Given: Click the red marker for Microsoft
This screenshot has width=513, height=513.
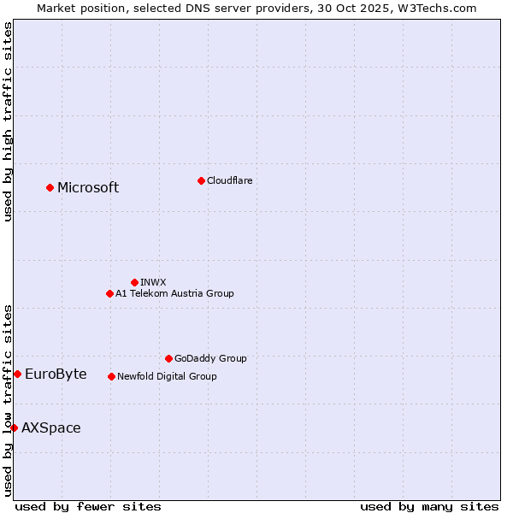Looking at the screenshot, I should tap(50, 187).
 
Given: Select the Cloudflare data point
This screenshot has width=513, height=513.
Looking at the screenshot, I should tap(201, 180).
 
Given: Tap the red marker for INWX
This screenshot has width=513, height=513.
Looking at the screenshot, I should tap(134, 282).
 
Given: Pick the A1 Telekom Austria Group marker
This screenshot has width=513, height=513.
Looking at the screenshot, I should tap(109, 293).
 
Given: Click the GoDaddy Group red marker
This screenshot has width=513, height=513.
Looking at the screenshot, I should tap(168, 358).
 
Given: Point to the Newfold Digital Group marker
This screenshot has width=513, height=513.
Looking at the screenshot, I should tap(111, 376).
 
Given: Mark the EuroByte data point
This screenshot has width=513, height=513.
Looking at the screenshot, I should tap(17, 374).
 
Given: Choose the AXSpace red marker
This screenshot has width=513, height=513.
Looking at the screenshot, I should tap(14, 427).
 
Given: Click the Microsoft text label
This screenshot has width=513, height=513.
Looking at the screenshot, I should tap(88, 188).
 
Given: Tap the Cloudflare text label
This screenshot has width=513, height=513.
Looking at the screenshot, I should tap(229, 180).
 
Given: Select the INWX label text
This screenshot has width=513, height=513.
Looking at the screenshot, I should tap(153, 282).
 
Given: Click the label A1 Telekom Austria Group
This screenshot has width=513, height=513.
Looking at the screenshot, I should tap(174, 293).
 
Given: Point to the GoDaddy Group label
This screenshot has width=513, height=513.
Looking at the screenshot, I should tap(210, 358).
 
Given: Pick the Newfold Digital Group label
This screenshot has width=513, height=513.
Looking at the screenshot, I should tap(167, 376).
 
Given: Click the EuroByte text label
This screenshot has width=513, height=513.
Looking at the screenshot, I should tap(56, 374).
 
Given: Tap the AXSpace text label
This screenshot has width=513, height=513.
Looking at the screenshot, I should tap(51, 427).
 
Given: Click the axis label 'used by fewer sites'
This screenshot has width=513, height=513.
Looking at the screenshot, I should tap(88, 506).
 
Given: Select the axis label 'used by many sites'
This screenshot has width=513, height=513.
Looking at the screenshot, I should tap(429, 506).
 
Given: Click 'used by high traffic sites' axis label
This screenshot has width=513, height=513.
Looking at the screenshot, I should tap(8, 121).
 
